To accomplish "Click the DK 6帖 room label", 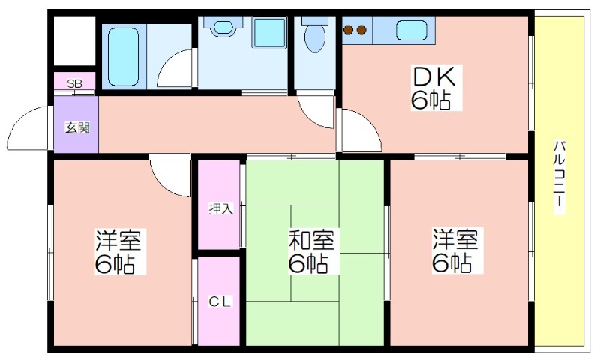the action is (x=436, y=88).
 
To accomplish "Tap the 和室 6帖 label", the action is (x=311, y=251).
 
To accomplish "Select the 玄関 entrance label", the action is (x=77, y=127).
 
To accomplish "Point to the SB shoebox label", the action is (x=74, y=83).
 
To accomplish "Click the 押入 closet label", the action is (x=220, y=208).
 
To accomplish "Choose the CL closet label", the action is (x=220, y=301).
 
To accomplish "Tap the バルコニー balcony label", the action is (x=559, y=177).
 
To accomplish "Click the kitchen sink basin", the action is (x=411, y=30).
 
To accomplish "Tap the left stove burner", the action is (x=349, y=29).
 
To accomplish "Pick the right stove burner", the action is (x=362, y=29).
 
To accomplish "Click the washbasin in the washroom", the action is (x=223, y=27).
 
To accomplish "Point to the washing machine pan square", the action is (x=269, y=32).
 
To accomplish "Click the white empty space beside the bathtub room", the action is (x=74, y=40).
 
